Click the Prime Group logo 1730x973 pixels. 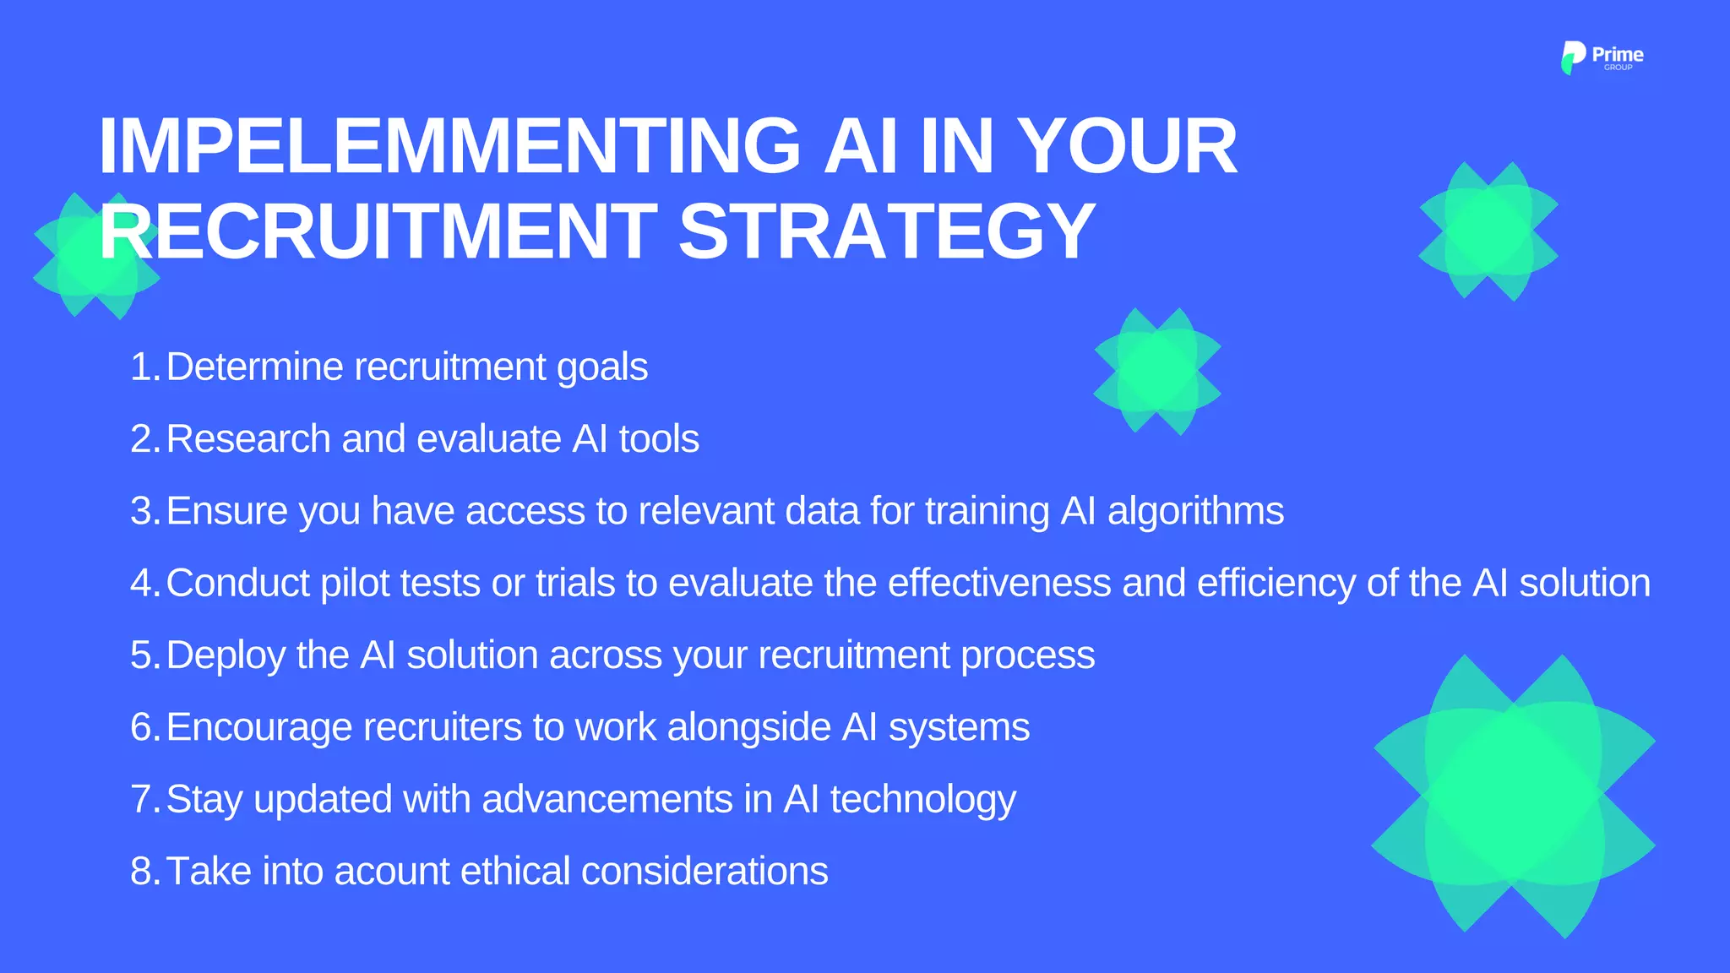1602,57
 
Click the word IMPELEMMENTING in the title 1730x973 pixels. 449,147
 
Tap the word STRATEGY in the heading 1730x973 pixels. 886,231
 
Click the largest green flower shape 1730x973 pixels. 1513,795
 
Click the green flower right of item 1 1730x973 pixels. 1156,372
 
